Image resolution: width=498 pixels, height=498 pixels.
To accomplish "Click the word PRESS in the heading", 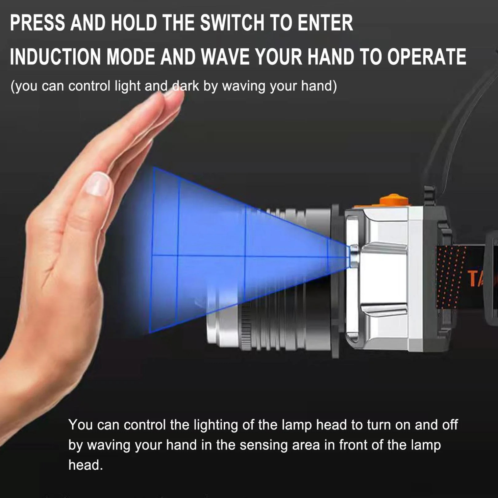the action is (38, 23).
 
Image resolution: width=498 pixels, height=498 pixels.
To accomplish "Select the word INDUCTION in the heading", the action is (55, 57).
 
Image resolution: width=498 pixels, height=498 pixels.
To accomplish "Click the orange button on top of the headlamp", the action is (394, 200).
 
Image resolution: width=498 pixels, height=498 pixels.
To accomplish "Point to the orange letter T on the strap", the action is (472, 278).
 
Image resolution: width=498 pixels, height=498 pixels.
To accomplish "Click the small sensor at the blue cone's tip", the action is (354, 256).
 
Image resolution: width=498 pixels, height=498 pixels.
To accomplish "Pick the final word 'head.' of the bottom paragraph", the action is (85, 465).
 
